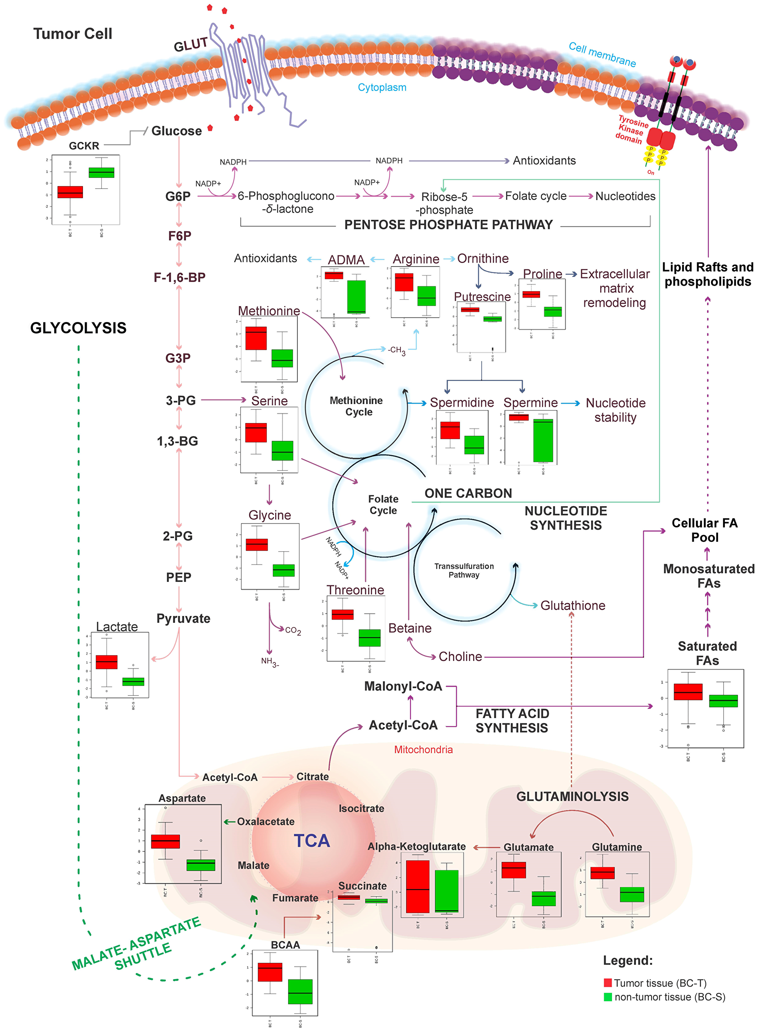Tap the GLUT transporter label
pos(191,45)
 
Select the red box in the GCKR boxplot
pos(70,192)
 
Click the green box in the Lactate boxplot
pos(133,681)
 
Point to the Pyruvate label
pos(183,618)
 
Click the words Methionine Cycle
pos(357,406)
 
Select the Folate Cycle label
pos(383,505)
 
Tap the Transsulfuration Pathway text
pos(464,570)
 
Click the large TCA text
pos(312,841)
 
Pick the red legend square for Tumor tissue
pos(607,983)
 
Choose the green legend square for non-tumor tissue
pos(607,997)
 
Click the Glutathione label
pos(572,605)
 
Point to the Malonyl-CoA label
pos(403,686)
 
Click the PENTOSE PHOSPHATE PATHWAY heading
pos(448,224)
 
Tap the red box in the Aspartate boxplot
pos(165,841)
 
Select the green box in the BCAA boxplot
pos(300,992)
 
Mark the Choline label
pos(460,656)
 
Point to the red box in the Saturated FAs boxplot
pos(688,692)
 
